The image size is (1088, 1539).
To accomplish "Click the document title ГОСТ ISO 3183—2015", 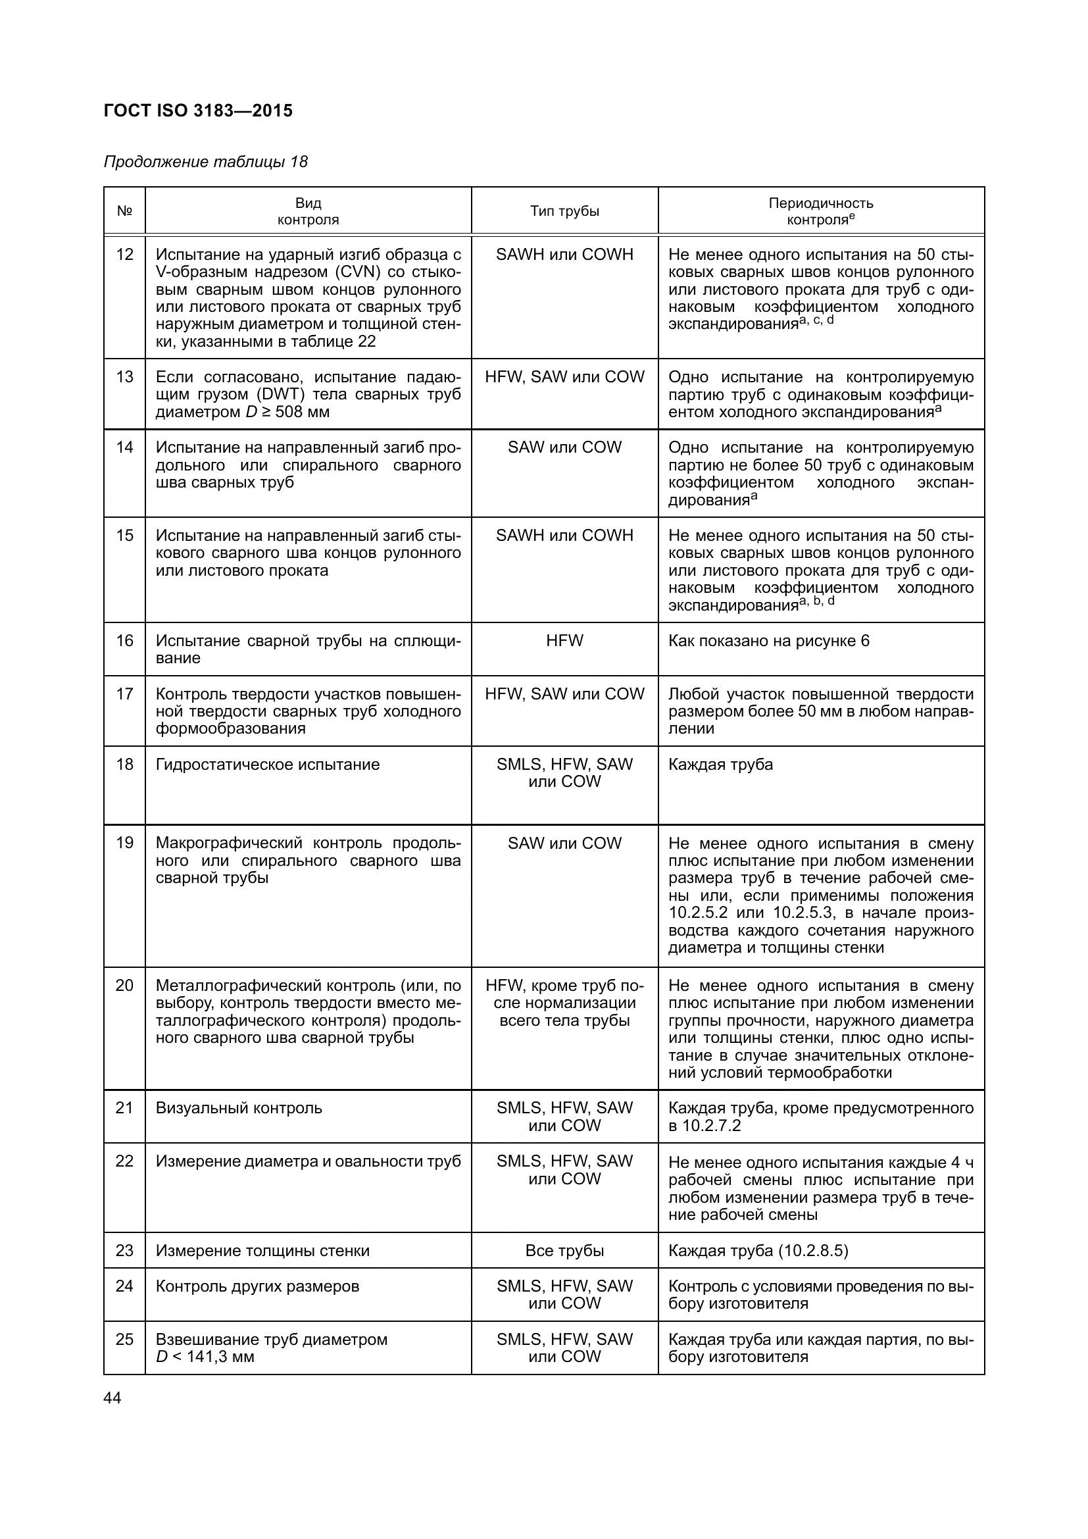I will click(198, 111).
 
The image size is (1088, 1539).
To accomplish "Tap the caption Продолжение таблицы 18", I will click(206, 163).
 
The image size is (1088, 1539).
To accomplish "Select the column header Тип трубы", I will click(564, 211).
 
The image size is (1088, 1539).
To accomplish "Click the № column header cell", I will click(124, 211).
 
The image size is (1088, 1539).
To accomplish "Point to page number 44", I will click(112, 1398).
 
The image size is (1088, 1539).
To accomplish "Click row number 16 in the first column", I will click(124, 641).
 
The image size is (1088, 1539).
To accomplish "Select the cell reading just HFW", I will click(564, 641).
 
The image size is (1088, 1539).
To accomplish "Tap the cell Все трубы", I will click(564, 1251).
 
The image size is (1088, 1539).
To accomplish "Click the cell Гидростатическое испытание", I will click(267, 765).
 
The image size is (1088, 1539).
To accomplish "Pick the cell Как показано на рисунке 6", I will click(768, 641).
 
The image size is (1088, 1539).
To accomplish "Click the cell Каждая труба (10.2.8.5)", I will click(758, 1251).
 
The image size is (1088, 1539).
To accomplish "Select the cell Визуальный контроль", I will click(239, 1108).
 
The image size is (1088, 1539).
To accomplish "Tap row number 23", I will click(124, 1251).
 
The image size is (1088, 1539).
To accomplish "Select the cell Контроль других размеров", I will click(257, 1286).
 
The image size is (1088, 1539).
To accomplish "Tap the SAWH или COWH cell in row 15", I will click(564, 536).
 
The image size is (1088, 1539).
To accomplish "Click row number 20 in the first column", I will click(124, 986).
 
